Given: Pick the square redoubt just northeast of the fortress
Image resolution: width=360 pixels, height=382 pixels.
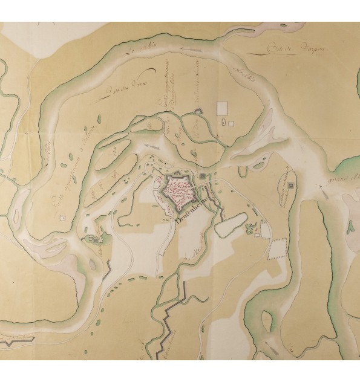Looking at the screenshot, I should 201,176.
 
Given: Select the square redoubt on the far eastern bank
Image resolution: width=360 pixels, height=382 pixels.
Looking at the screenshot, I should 290,185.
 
